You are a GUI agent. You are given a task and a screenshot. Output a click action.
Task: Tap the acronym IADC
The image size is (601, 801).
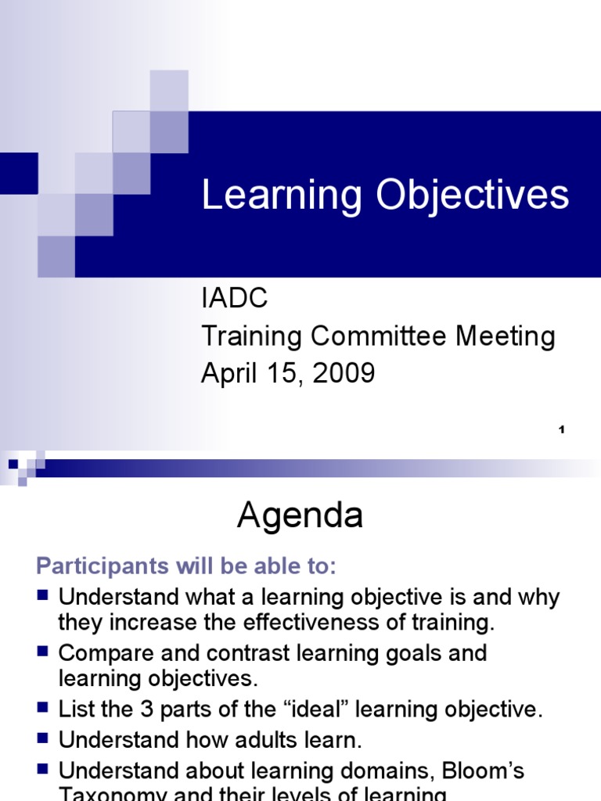pyautogui.click(x=235, y=298)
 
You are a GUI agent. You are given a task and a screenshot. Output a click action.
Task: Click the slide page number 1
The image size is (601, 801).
pyautogui.click(x=562, y=429)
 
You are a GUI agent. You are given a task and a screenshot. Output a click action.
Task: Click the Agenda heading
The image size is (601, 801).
pyautogui.click(x=300, y=516)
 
